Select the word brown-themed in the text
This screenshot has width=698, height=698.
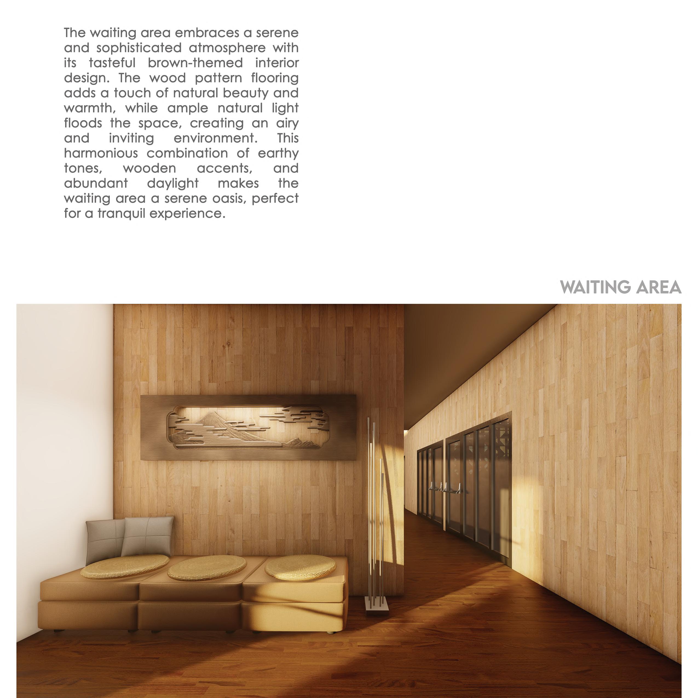195,63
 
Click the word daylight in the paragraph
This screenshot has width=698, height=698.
173,183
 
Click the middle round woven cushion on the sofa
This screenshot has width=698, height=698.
207,568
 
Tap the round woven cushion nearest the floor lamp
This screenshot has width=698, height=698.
301,567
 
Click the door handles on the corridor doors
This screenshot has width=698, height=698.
445,488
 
